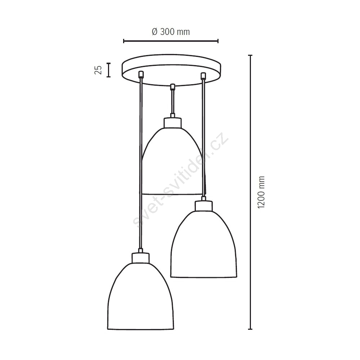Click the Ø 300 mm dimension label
coord(171,32)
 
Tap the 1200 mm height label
coord(261,192)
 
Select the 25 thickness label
coord(98,70)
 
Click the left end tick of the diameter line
coord(124,41)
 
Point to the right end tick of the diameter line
coord(218,41)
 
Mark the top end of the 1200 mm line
coord(250,55)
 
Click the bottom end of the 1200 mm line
coord(250,329)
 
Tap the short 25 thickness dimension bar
coord(109,70)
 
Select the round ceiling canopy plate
coord(171,70)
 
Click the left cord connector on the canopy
coord(141,75)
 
